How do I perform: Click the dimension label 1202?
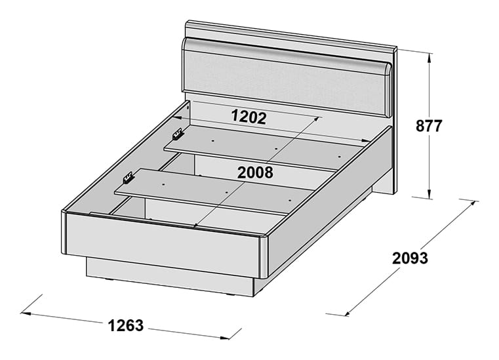[x=249, y=117]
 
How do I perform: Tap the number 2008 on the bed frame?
[x=255, y=172]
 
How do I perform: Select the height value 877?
[x=429, y=126]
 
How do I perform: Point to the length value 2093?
[x=410, y=258]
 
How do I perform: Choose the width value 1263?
[x=126, y=325]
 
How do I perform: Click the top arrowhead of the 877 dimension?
[x=429, y=57]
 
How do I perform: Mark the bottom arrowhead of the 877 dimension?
[x=429, y=194]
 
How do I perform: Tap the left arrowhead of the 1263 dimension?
[x=26, y=314]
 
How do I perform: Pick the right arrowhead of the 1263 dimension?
[x=224, y=338]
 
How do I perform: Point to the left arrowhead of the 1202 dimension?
[x=177, y=118]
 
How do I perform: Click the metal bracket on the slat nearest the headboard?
[x=178, y=134]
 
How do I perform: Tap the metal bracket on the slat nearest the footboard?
[x=128, y=178]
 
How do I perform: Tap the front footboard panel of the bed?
[x=163, y=242]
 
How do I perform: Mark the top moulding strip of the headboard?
[x=291, y=34]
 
